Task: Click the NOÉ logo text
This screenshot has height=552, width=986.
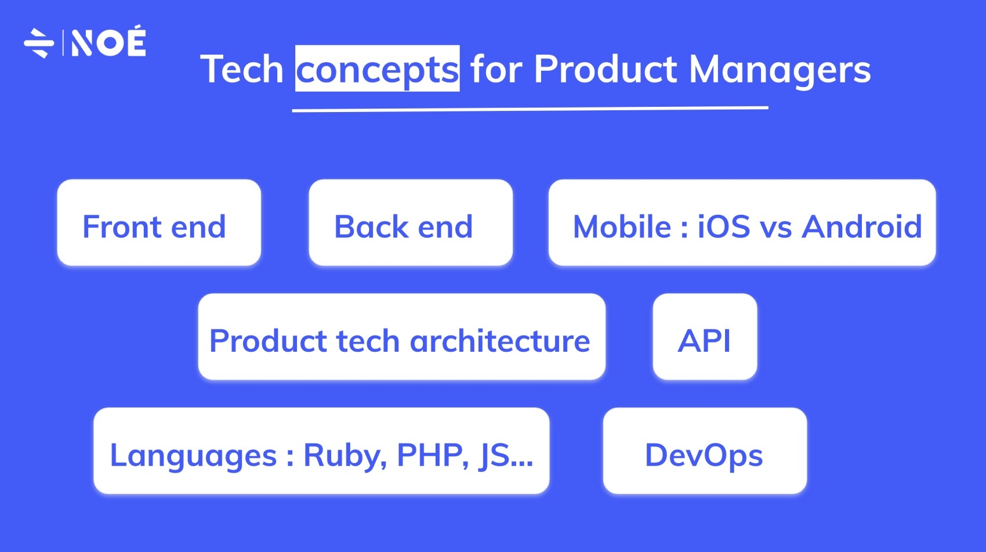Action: pos(108,42)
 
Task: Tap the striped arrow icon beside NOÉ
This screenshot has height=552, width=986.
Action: pos(39,43)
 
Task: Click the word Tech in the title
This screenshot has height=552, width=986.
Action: pos(242,70)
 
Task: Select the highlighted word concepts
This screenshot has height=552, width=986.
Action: pos(378,70)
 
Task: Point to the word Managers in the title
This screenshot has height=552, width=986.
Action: pos(780,70)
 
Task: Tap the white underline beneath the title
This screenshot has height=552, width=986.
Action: pos(530,109)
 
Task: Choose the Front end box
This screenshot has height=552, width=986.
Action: pos(159,223)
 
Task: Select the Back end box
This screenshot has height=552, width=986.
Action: pos(411,223)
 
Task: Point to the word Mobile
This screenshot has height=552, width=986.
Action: pos(622,226)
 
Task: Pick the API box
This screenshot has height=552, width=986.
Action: pos(705,337)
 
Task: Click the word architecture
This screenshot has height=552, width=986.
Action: pos(500,341)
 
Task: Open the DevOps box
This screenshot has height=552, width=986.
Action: pos(705,452)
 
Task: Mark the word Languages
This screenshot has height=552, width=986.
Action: pos(193,455)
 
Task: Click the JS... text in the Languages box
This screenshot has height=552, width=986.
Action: pos(506,455)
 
